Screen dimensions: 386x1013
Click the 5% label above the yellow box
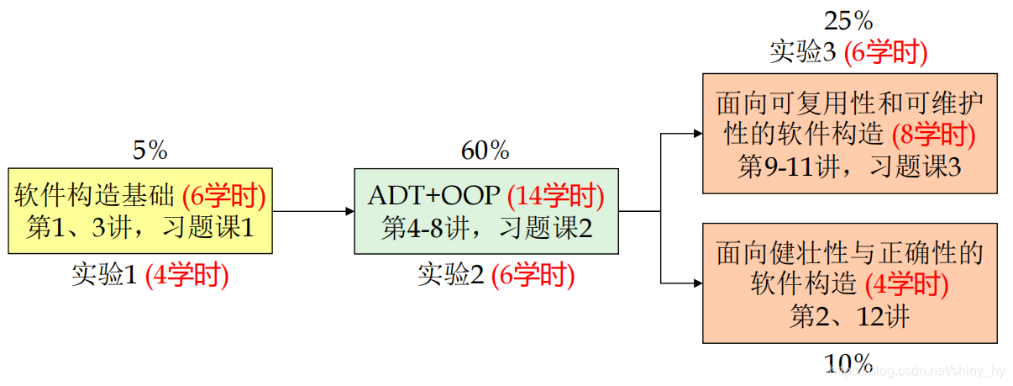pyautogui.click(x=150, y=151)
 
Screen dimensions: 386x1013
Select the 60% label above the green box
pyautogui.click(x=485, y=151)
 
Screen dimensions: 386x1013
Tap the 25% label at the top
pyautogui.click(x=848, y=20)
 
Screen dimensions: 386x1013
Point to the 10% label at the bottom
pyautogui.click(x=848, y=363)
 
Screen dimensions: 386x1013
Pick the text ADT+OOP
pyautogui.click(x=434, y=196)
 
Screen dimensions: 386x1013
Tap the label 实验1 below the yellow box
pyautogui.click(x=104, y=276)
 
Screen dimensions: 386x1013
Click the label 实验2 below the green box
pyautogui.click(x=451, y=276)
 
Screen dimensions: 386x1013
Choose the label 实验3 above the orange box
pyautogui.click(x=803, y=52)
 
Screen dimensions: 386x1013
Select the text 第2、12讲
pyautogui.click(x=849, y=317)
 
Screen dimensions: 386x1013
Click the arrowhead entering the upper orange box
pyautogui.click(x=696, y=133)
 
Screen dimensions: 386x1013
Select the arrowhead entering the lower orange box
pyautogui.click(x=696, y=283)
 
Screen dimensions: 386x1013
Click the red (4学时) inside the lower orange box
pyautogui.click(x=906, y=285)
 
